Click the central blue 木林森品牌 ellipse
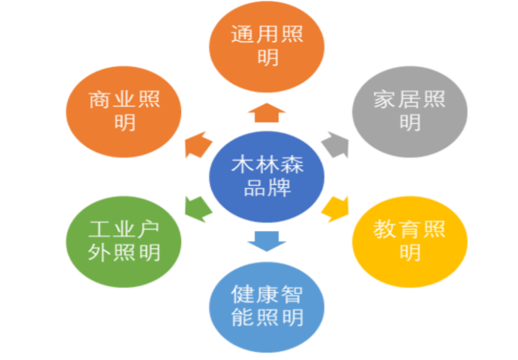267,177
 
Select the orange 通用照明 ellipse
267,47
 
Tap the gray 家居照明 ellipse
409,112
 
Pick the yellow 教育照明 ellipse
409,242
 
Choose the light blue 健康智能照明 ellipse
267,307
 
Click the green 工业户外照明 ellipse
124,242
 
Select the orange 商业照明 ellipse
124,112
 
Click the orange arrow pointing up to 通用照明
267,112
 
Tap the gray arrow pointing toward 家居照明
336,145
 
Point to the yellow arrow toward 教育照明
336,209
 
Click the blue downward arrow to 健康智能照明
267,242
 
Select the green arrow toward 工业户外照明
198,209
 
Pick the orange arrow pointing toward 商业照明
198,145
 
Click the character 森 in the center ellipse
292,165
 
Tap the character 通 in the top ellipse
242,34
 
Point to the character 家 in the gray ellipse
385,100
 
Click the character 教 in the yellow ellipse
385,229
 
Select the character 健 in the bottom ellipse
242,294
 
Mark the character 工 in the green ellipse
99,229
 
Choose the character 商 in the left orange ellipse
99,100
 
